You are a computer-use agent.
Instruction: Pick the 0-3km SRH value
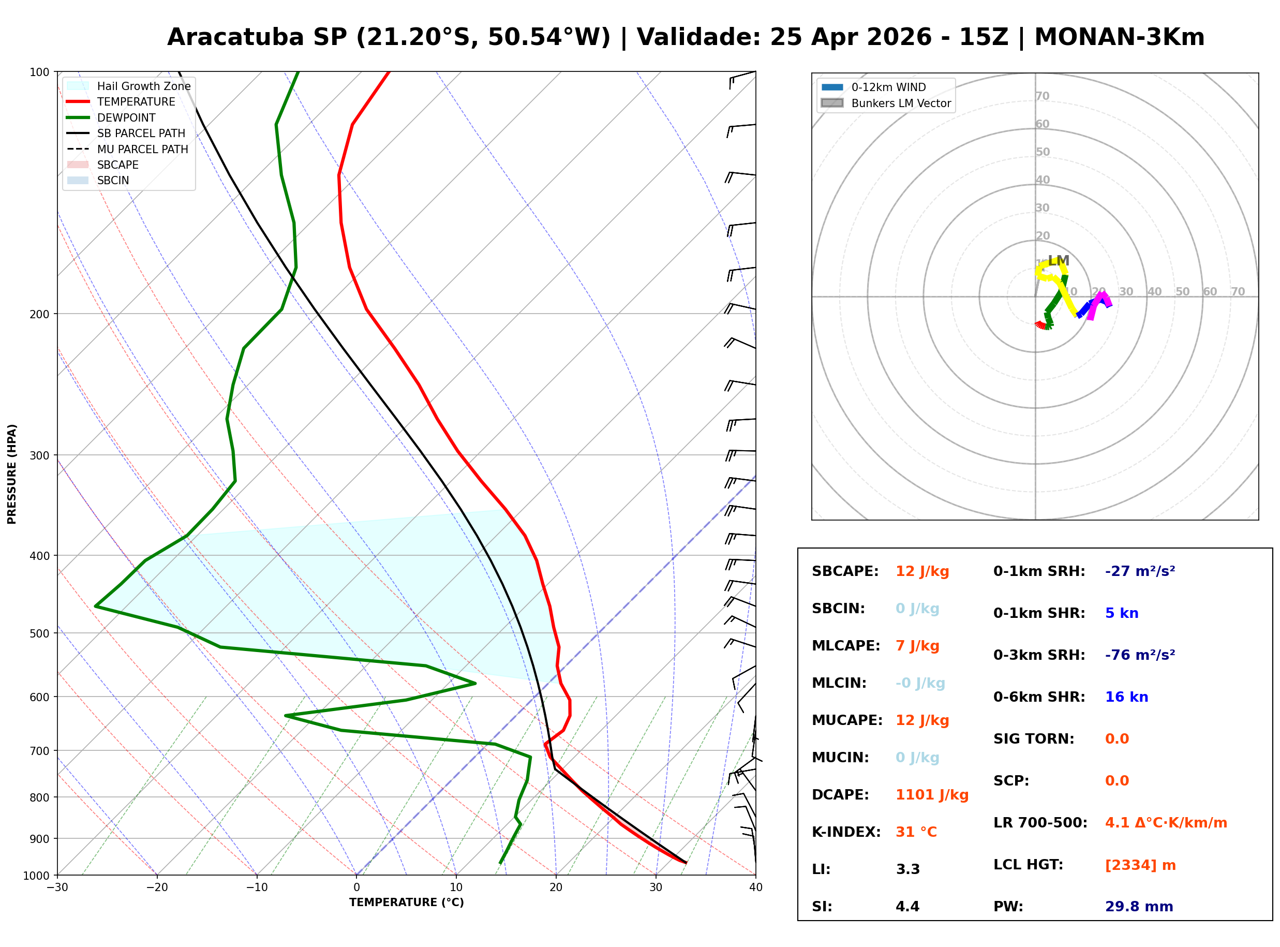[x=1140, y=655]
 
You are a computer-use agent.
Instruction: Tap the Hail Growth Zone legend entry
[x=143, y=86]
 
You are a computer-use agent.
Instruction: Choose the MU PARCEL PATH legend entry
[x=142, y=149]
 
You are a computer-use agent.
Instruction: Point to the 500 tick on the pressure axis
[x=39, y=633]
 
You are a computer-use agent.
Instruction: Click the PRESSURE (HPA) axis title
[x=12, y=474]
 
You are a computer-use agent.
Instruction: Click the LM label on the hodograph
[x=1058, y=260]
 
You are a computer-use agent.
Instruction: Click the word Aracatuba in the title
[x=235, y=37]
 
